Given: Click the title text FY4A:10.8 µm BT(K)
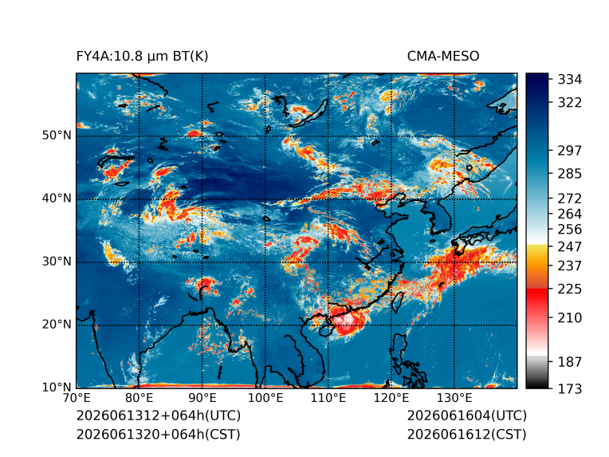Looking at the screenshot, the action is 142,57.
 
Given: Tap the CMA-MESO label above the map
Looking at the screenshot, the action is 443,57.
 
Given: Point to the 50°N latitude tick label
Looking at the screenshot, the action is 57,136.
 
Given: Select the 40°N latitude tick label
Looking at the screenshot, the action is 57,198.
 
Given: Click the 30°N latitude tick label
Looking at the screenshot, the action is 57,261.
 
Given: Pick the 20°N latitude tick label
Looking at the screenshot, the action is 57,324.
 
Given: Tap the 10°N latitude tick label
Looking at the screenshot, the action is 57,387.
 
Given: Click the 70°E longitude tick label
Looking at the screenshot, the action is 77,398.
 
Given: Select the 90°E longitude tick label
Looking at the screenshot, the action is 202,398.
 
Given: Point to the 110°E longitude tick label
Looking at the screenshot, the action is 328,398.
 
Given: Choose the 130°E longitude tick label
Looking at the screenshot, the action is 454,398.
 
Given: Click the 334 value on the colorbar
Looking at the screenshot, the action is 570,79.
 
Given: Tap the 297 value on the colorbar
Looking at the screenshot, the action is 570,151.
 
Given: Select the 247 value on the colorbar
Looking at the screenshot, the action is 570,246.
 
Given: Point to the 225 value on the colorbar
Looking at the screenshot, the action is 570,290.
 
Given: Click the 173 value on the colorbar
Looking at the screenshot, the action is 570,388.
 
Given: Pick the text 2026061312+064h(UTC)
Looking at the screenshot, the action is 159,416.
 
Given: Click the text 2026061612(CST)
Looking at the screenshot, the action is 467,435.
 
